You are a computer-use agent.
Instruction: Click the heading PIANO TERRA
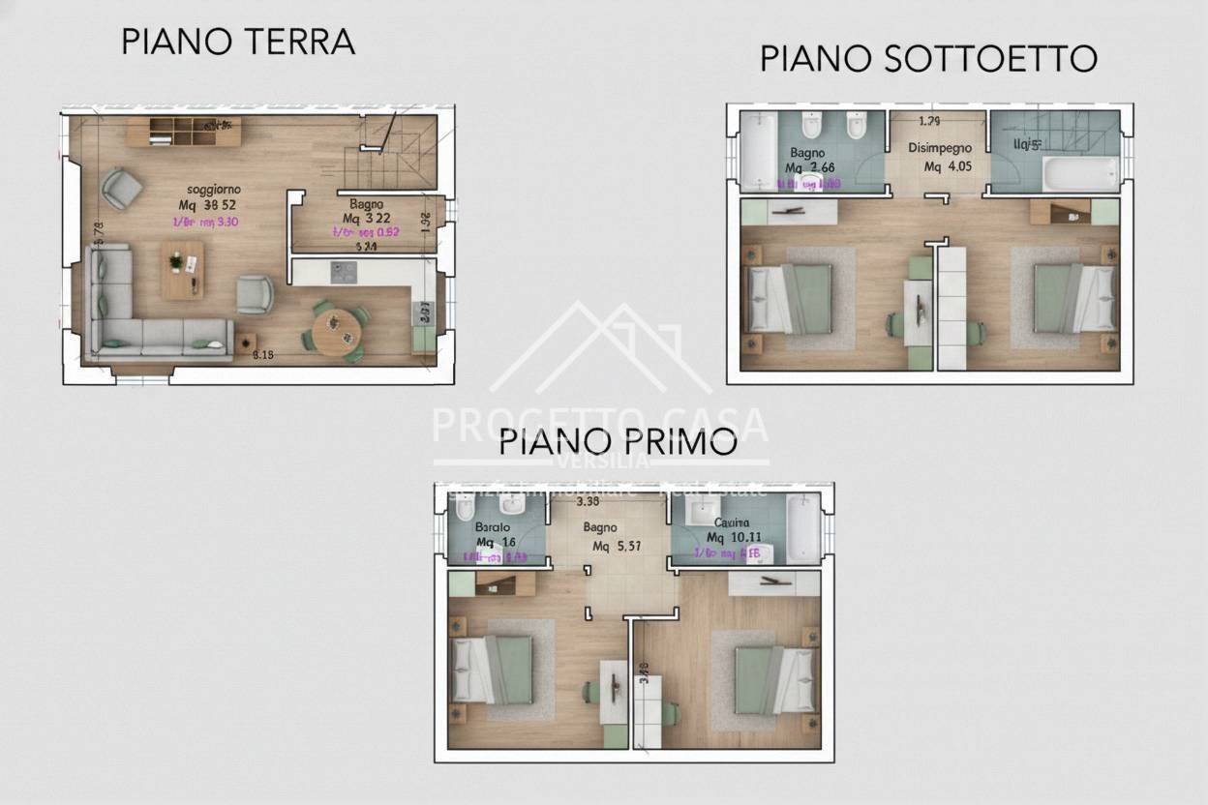click(x=238, y=42)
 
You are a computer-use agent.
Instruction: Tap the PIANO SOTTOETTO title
click(x=927, y=58)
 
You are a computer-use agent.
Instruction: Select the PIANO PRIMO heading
click(x=618, y=442)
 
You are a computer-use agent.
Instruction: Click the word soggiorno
click(x=213, y=189)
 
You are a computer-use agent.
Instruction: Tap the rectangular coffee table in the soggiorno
click(x=182, y=270)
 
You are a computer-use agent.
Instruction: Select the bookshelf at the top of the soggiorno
click(x=196, y=132)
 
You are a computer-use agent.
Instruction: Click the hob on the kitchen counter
click(x=344, y=272)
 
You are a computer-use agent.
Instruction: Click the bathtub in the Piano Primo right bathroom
click(x=801, y=528)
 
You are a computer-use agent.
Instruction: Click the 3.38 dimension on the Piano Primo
click(x=588, y=502)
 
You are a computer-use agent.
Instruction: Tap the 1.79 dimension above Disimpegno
click(x=929, y=121)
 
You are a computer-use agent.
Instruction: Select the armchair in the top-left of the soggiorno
click(x=122, y=189)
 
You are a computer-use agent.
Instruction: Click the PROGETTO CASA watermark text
click(x=600, y=424)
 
